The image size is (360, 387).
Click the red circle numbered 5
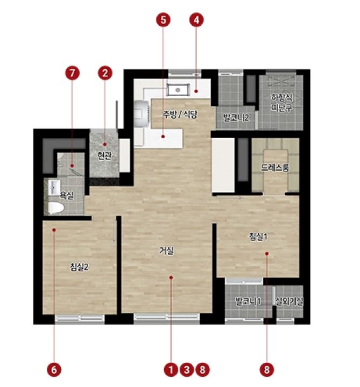(x=163, y=20)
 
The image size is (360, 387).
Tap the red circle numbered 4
(x=196, y=20)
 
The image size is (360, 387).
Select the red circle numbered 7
(x=72, y=73)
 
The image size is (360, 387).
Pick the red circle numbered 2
(x=105, y=73)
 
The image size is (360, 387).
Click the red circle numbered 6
(x=54, y=370)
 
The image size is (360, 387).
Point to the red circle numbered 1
(x=171, y=370)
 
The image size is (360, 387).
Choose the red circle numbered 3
(x=187, y=370)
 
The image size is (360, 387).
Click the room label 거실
(x=166, y=251)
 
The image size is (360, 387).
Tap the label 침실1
(x=258, y=236)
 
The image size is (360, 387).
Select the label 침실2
(x=79, y=267)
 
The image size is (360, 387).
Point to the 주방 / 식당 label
(x=180, y=114)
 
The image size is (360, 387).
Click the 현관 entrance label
(x=104, y=156)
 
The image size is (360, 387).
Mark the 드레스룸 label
(x=275, y=168)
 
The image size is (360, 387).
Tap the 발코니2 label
(x=236, y=118)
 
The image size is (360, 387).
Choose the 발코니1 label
(x=248, y=301)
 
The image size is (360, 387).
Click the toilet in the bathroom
(x=56, y=208)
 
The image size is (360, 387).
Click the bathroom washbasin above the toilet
(x=54, y=188)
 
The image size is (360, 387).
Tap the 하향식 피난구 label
(x=281, y=103)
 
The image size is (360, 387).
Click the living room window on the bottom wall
(x=167, y=318)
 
